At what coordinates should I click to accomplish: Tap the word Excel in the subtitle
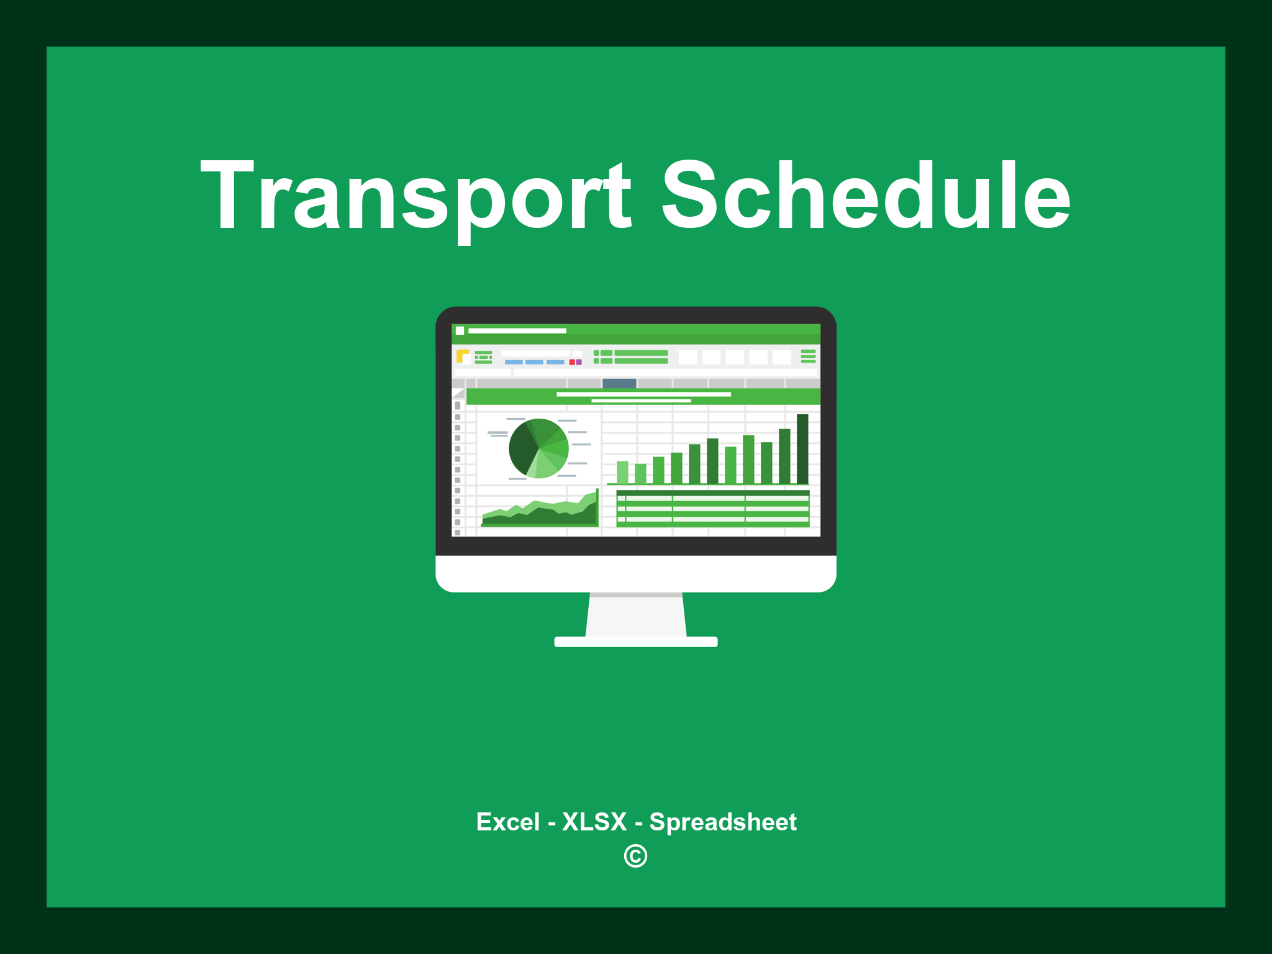(507, 822)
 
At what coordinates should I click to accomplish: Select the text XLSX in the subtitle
(594, 822)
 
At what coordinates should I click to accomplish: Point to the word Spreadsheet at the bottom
(723, 822)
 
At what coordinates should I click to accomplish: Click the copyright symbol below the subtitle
(635, 856)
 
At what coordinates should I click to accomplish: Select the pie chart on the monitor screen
(538, 448)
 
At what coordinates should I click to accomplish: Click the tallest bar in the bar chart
(802, 448)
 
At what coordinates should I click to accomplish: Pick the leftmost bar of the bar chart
(622, 472)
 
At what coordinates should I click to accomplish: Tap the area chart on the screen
(539, 511)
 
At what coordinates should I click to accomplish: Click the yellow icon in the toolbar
(463, 356)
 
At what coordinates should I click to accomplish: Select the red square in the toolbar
(572, 362)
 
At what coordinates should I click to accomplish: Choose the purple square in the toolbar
(579, 362)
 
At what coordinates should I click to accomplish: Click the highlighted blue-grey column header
(619, 383)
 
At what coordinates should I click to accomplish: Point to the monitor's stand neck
(636, 615)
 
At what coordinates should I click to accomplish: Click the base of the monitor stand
(636, 642)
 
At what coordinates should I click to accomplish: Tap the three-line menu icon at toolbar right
(808, 356)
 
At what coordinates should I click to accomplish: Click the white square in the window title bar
(460, 330)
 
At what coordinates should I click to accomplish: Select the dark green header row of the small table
(713, 493)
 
